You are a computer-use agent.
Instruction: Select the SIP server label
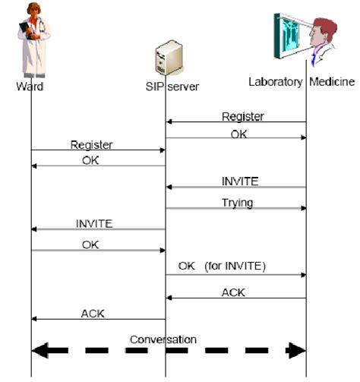pos(173,86)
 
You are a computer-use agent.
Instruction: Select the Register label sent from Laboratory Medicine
pos(242,116)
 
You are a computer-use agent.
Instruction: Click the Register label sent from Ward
pos(92,144)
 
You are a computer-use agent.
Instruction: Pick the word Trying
pos(237,203)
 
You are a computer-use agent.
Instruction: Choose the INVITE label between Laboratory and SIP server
pos(240,181)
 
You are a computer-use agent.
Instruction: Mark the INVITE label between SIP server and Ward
pos(94,223)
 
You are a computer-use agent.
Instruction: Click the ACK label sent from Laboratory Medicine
pos(232,292)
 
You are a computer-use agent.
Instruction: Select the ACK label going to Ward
pos(93,313)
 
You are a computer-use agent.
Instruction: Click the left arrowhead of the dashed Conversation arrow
pos(39,350)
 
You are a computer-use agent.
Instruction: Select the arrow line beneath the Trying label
pos(235,209)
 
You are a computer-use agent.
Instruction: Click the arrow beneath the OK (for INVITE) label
pos(235,276)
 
